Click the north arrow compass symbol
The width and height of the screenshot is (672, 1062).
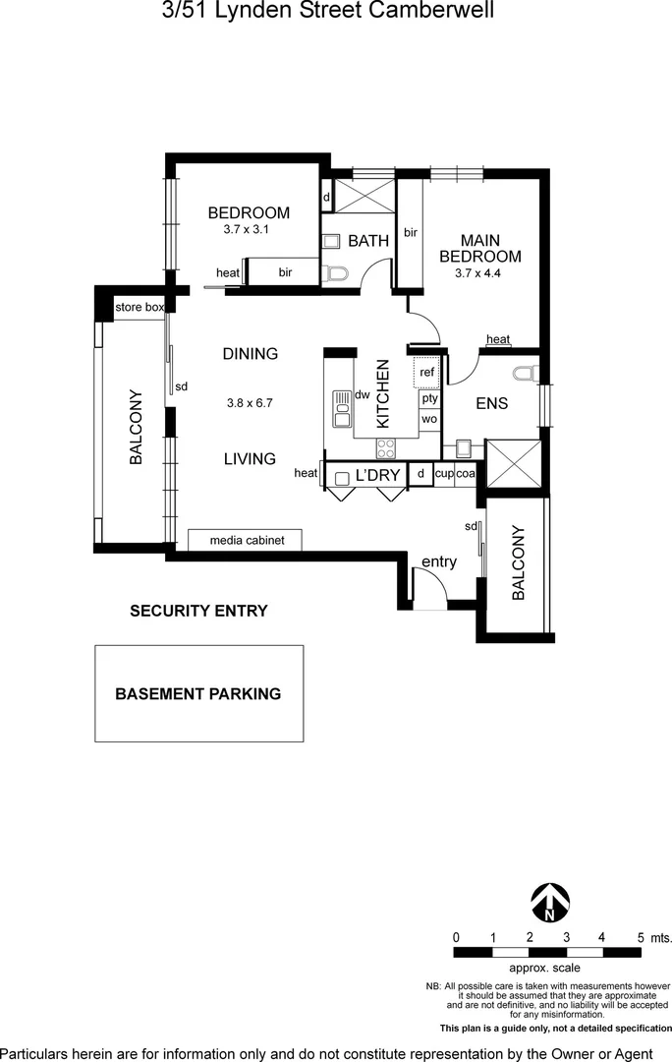[x=550, y=903]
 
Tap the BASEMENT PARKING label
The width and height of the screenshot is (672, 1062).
[x=198, y=693]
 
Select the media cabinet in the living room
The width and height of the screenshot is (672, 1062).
[x=245, y=540]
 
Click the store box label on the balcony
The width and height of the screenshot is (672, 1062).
[x=140, y=307]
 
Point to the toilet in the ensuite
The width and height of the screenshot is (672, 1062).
[x=527, y=374]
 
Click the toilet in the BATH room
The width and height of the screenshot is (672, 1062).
[x=336, y=273]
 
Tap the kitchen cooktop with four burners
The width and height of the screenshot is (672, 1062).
[x=386, y=447]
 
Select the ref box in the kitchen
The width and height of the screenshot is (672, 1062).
[x=427, y=372]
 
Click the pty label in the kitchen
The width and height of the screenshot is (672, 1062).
[x=430, y=398]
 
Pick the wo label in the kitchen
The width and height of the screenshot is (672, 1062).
[x=429, y=419]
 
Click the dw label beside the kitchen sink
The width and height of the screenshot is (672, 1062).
[x=363, y=394]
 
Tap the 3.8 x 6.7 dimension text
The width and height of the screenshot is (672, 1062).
[x=250, y=403]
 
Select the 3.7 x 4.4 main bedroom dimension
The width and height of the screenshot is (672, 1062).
[x=477, y=273]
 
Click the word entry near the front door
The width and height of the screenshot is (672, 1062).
[x=439, y=561]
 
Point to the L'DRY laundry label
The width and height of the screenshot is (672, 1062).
[x=377, y=476]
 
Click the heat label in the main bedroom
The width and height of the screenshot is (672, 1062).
[x=498, y=339]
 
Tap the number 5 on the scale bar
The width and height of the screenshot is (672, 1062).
[x=641, y=938]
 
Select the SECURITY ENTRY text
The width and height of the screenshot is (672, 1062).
[x=198, y=611]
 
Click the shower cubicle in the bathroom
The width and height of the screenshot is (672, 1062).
[x=364, y=196]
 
